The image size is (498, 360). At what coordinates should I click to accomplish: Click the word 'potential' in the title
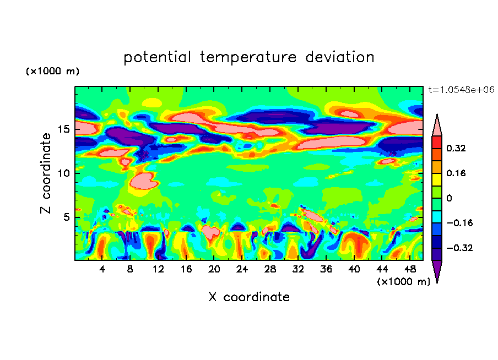click(x=158, y=58)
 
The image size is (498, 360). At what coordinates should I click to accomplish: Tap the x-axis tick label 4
click(x=102, y=269)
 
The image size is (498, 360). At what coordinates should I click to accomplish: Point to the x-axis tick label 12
click(x=158, y=269)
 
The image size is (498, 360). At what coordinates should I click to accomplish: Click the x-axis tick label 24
click(x=242, y=269)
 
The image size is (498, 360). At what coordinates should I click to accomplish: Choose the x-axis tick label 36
click(x=326, y=269)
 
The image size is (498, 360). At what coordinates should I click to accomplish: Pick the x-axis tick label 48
click(x=409, y=269)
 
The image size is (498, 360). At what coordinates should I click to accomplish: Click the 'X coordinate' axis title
click(x=249, y=297)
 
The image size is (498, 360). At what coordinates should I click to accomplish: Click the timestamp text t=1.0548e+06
click(x=461, y=90)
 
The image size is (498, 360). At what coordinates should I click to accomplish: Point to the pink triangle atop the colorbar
click(x=437, y=126)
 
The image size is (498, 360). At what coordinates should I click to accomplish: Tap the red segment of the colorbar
click(x=437, y=142)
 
